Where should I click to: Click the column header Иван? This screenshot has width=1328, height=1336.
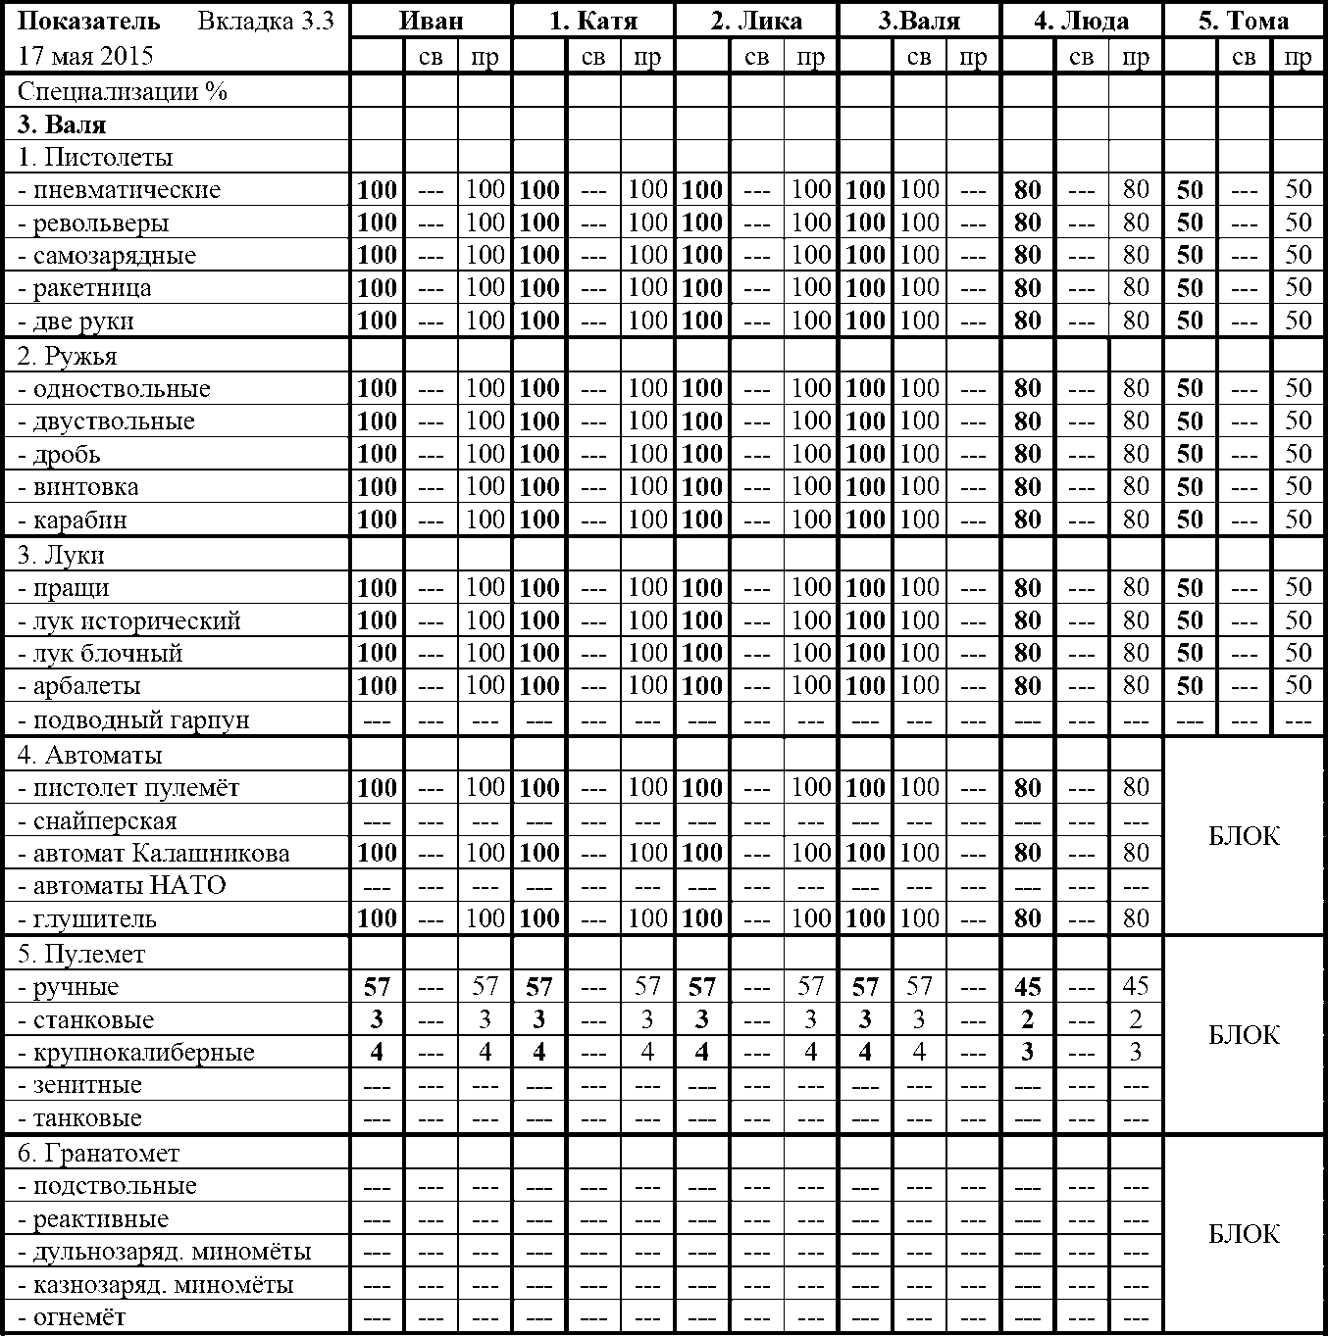click(x=432, y=21)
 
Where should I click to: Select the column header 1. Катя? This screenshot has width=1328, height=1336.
click(x=593, y=21)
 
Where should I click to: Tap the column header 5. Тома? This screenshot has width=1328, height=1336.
click(x=1244, y=21)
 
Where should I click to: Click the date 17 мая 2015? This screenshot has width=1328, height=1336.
click(x=86, y=56)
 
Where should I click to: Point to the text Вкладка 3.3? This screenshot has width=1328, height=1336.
click(x=265, y=21)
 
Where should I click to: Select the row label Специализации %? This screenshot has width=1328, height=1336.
click(x=123, y=91)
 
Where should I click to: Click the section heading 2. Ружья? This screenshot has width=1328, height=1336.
click(x=68, y=356)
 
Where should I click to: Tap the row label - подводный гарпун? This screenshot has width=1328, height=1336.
click(x=134, y=720)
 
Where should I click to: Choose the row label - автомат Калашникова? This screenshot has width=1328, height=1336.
click(x=155, y=853)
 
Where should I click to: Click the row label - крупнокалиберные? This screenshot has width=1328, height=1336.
click(x=136, y=1053)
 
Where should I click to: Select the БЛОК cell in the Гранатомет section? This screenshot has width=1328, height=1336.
click(x=1244, y=1234)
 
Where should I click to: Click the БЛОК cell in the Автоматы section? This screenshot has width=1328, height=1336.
click(x=1244, y=836)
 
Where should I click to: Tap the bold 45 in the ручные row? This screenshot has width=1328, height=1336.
click(x=1027, y=987)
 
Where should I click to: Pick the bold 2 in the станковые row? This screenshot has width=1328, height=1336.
click(x=1027, y=1019)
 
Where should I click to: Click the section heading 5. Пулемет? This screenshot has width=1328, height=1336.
click(x=81, y=954)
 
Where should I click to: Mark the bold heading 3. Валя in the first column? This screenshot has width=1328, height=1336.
click(x=62, y=124)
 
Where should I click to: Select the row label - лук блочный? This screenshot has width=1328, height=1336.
click(x=101, y=654)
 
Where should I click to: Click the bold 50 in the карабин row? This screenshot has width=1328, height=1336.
click(x=1190, y=520)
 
